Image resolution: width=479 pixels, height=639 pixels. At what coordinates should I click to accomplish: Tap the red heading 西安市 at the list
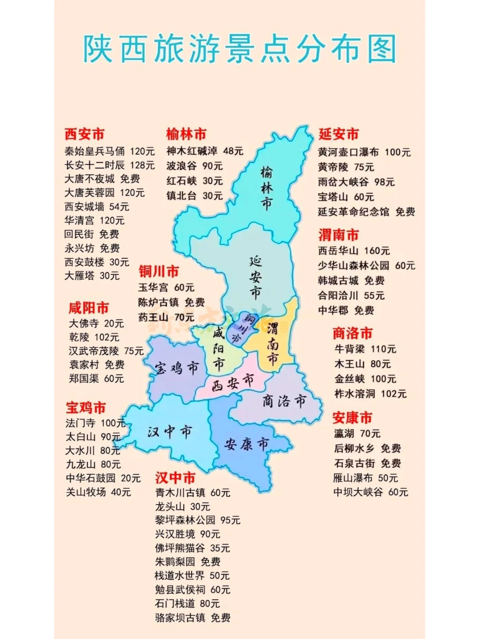[x=84, y=134]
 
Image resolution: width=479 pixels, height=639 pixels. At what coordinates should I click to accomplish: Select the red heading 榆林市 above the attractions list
[x=186, y=134]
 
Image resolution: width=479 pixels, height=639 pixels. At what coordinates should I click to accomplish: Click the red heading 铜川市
[x=159, y=271]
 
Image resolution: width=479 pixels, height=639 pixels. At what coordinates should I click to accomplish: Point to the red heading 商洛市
[x=353, y=333]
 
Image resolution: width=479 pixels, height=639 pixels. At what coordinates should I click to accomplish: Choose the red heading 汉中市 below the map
[x=175, y=477]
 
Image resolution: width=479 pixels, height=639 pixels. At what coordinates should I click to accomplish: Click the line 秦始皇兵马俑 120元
[x=110, y=151]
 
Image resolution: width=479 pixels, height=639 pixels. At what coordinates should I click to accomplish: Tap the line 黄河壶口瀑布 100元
[x=364, y=152]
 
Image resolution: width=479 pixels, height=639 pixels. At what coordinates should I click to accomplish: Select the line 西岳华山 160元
[x=353, y=251]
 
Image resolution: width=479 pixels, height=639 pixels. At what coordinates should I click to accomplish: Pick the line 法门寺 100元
[x=95, y=423]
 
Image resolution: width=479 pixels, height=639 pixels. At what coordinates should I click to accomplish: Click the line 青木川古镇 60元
[x=192, y=493]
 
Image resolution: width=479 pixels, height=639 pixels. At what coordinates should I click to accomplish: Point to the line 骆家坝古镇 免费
[x=192, y=617]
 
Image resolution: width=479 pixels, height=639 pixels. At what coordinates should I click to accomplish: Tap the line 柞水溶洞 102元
[x=370, y=394]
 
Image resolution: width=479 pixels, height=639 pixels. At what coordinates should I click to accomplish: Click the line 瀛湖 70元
[x=357, y=433]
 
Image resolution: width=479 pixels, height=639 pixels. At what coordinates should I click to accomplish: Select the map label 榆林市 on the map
[x=267, y=188]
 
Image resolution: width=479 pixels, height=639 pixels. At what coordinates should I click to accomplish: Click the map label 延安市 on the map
[x=255, y=277]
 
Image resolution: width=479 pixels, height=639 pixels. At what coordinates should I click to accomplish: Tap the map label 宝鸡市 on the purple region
[x=177, y=368]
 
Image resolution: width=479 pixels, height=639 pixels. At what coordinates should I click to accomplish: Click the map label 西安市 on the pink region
[x=232, y=383]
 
